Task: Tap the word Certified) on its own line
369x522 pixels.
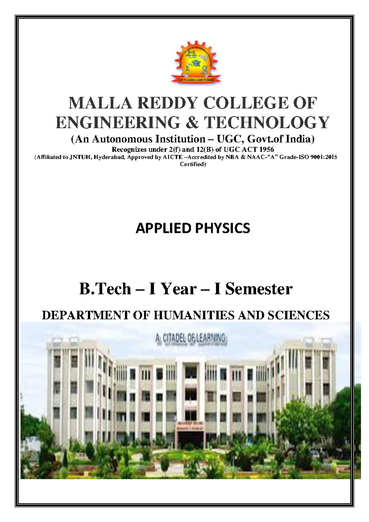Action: point(192,164)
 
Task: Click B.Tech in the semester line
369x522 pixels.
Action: point(105,289)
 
